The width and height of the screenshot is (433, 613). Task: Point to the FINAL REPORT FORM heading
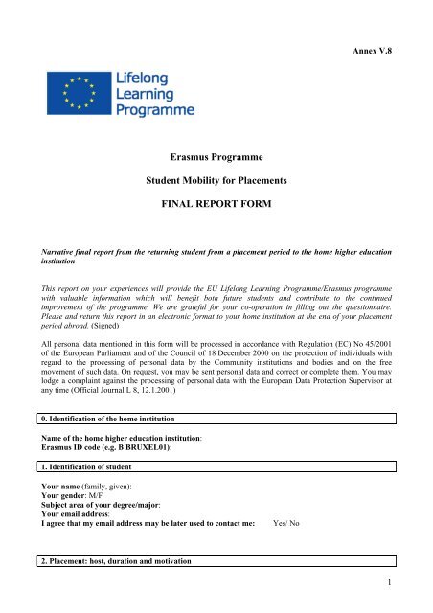pyautogui.click(x=216, y=204)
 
